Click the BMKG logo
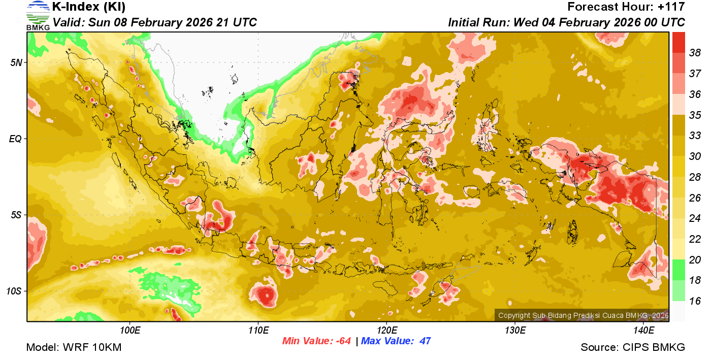pyautogui.click(x=38, y=15)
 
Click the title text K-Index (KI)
pyautogui.click(x=89, y=7)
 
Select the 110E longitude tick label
pyautogui.click(x=258, y=331)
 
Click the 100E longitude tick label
pyautogui.click(x=130, y=331)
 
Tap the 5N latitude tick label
pyautogui.click(x=15, y=62)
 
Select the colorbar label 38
pyautogui.click(x=695, y=52)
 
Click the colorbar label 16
pyautogui.click(x=695, y=301)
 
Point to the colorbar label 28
pyautogui.click(x=695, y=177)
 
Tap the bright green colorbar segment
pyautogui.click(x=678, y=270)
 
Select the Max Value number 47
pyautogui.click(x=425, y=341)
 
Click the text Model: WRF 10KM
pyautogui.click(x=74, y=348)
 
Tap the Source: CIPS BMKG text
pyautogui.click(x=633, y=348)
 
